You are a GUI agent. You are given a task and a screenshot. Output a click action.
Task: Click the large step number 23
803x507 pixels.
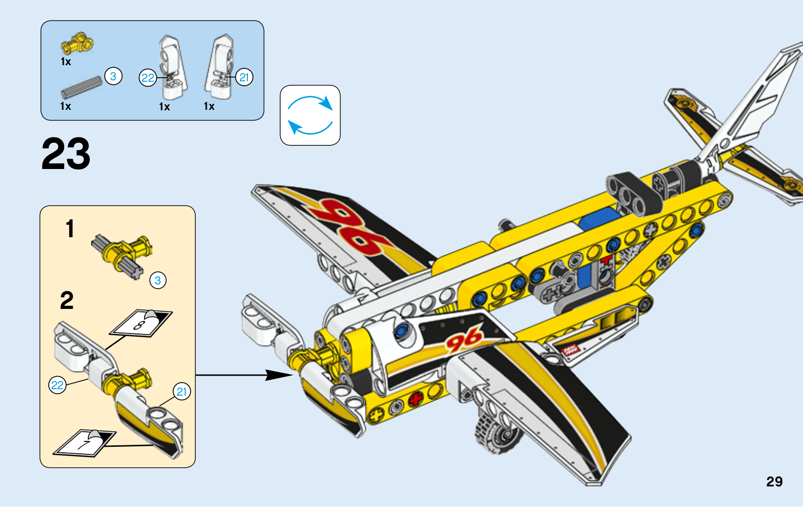click(66, 154)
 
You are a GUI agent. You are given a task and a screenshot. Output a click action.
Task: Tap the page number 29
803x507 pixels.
click(774, 481)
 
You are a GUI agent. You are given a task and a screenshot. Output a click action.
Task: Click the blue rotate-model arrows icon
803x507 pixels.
click(310, 115)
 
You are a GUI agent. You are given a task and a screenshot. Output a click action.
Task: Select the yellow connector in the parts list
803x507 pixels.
click(77, 44)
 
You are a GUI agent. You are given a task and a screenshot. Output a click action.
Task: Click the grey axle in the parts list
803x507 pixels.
click(81, 87)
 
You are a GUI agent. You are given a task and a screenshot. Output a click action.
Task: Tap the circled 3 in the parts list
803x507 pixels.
click(113, 76)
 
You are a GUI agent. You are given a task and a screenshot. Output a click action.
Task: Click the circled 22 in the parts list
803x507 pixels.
click(148, 78)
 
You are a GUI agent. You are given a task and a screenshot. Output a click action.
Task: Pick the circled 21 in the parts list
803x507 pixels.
click(244, 77)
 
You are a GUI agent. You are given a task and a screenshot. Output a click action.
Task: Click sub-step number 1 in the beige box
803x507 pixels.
click(70, 229)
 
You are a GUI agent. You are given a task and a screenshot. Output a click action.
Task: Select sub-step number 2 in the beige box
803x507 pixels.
click(67, 301)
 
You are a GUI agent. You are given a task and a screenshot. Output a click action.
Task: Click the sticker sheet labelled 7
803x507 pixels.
click(85, 443)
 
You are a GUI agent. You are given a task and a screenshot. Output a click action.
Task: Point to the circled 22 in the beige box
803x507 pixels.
click(58, 385)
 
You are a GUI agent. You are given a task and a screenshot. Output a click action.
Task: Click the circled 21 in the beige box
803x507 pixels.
click(182, 392)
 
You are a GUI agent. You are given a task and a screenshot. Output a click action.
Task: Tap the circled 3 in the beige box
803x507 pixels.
click(158, 280)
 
